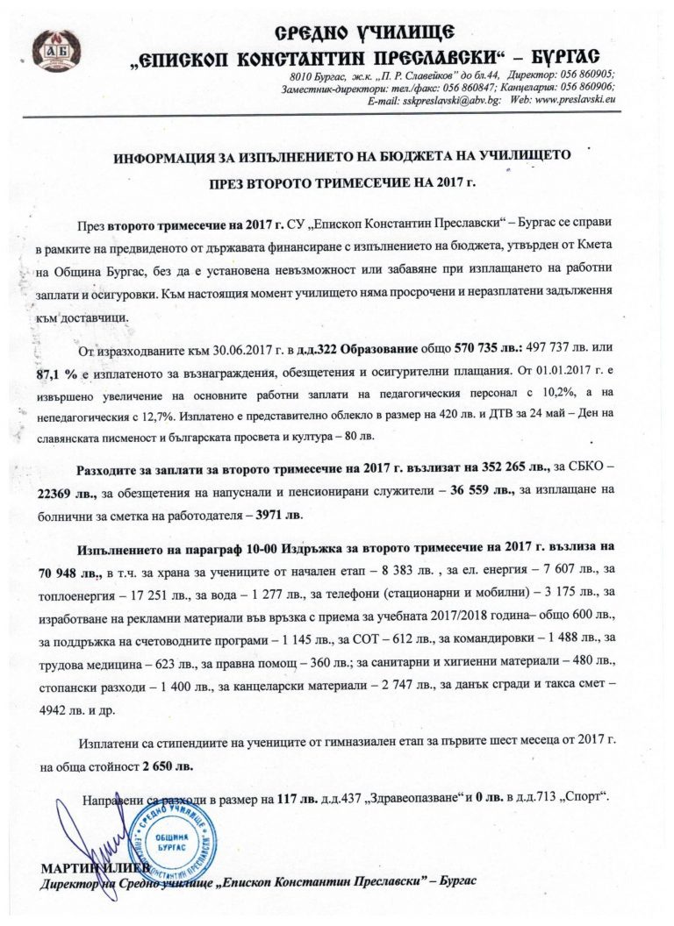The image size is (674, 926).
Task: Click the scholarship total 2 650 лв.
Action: (168, 764)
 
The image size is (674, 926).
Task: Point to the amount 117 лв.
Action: (295, 799)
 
